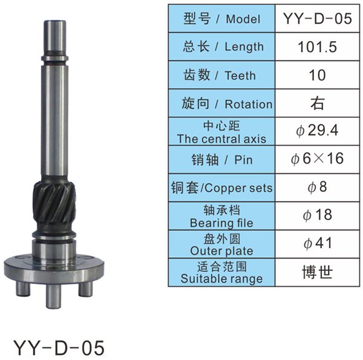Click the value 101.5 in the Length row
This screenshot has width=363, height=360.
317,47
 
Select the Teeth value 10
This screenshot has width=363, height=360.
317,75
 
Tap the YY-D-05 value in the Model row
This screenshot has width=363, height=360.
318,19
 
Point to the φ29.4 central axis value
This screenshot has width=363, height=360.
317,130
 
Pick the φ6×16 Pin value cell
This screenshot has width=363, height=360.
317,159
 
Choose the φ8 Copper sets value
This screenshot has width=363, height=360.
317,187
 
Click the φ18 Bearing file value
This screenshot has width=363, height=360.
317,215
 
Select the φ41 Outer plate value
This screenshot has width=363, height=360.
318,243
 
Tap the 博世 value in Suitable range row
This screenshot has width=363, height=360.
317,272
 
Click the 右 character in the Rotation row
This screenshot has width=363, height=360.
317,103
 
